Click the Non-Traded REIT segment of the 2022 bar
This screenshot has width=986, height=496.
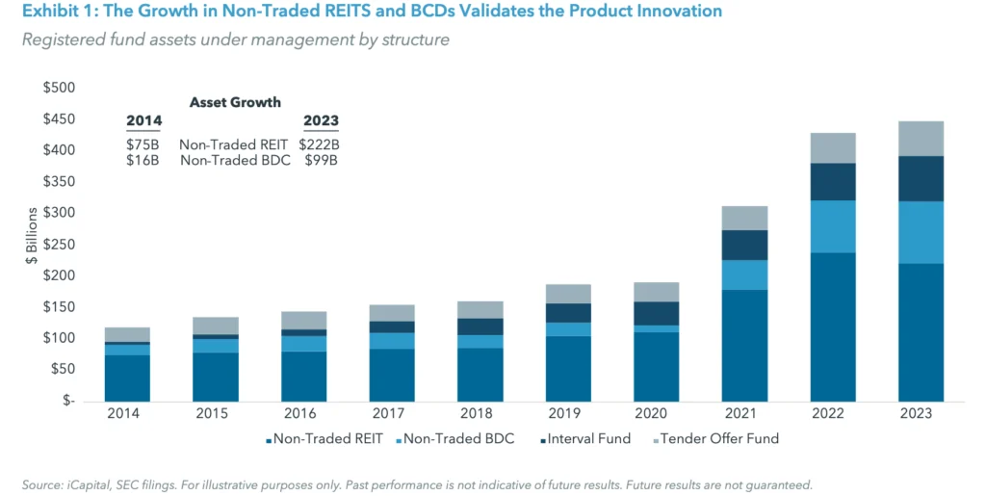coord(833,326)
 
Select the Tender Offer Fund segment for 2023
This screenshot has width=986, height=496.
coord(921,139)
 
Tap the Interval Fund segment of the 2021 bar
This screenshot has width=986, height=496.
coord(744,245)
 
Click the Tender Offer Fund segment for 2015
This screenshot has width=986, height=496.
coord(215,326)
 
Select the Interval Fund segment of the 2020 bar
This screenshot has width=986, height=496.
coord(657,313)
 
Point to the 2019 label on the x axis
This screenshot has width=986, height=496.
coord(568,413)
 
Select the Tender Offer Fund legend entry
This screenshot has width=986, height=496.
coord(718,439)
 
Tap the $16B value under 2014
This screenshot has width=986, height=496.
coord(143,160)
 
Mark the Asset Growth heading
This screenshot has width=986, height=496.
coord(235,102)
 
